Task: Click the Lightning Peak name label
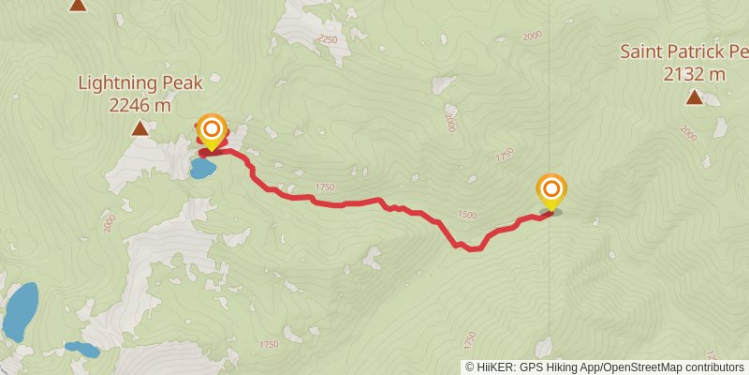click(x=140, y=83)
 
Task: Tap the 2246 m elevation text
click(x=140, y=105)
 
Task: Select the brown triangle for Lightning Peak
click(x=140, y=128)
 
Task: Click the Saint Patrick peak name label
click(x=683, y=51)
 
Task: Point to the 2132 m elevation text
click(x=694, y=73)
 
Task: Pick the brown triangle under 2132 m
click(x=694, y=97)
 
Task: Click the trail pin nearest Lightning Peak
click(x=212, y=131)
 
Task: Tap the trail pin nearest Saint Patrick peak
click(x=551, y=190)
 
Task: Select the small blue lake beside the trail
click(x=202, y=169)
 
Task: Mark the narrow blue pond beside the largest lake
click(x=81, y=350)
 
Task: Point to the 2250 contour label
click(x=327, y=39)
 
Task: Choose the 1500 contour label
click(x=466, y=215)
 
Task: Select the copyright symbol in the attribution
click(x=470, y=367)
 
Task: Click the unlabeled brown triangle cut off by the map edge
click(x=78, y=5)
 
